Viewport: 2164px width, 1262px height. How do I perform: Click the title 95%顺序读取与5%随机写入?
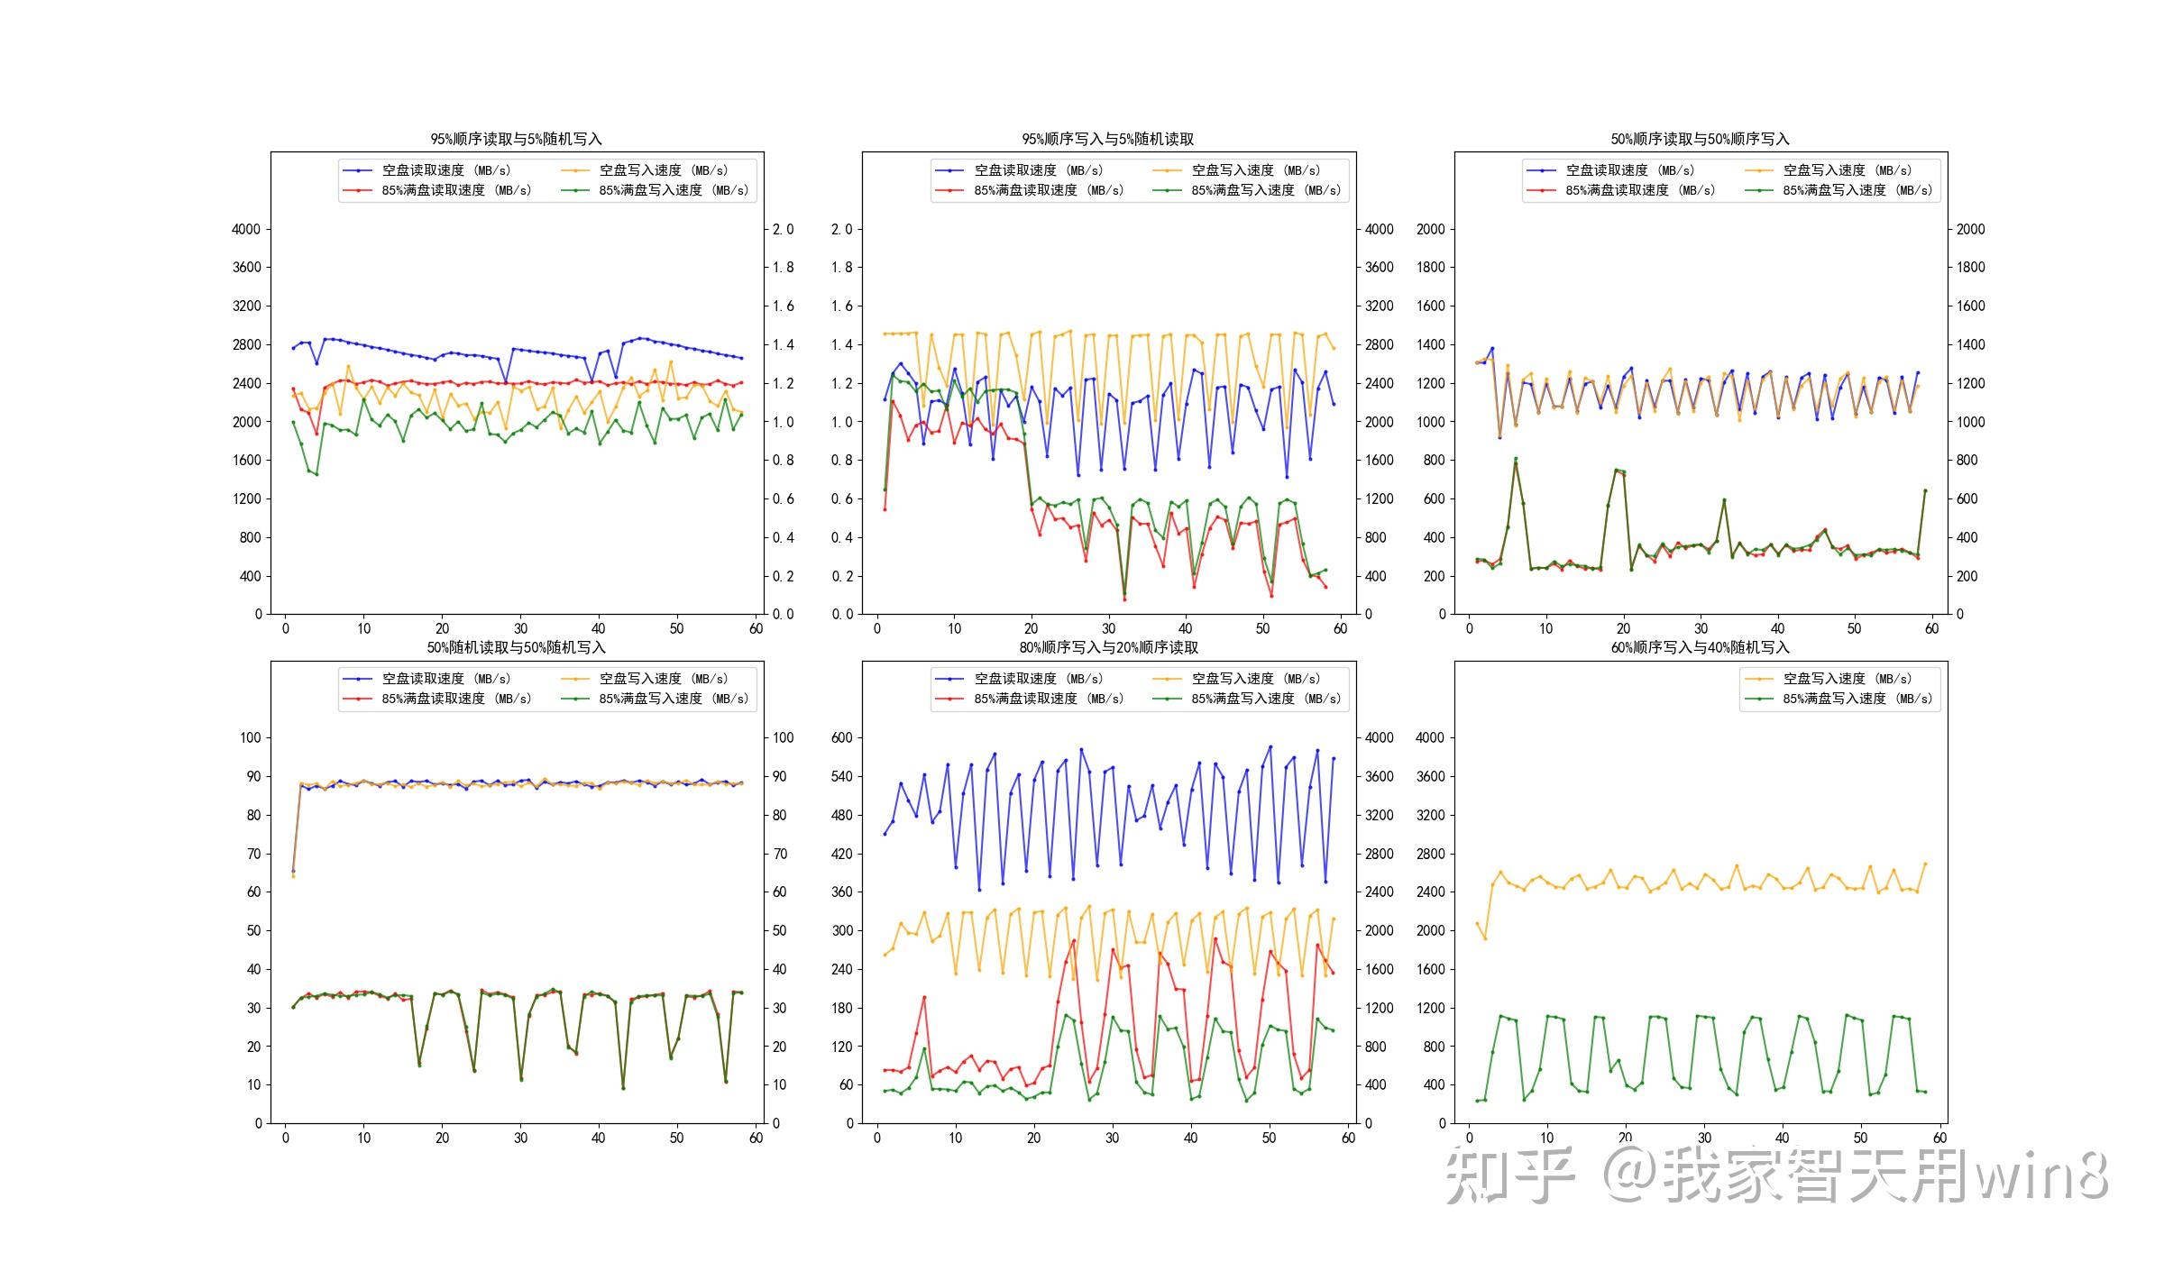[x=516, y=139]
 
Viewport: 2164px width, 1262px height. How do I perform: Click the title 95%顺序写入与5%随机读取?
[x=1107, y=139]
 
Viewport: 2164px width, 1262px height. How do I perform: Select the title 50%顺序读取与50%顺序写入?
[x=1700, y=139]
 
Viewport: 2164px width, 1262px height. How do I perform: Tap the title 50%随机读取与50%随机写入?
[x=516, y=647]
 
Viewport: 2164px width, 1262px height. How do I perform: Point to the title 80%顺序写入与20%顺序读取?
[x=1107, y=647]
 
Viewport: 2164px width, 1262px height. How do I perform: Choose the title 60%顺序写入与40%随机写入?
[x=1700, y=647]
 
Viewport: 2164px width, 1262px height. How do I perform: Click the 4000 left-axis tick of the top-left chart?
[x=245, y=229]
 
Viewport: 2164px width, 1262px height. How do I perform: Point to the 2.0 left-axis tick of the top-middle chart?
[x=841, y=229]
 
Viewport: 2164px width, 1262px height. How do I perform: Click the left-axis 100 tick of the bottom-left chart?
[x=250, y=737]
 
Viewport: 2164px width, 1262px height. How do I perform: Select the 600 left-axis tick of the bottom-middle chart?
[x=841, y=737]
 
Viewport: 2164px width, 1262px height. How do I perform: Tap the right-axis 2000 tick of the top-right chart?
[x=1970, y=229]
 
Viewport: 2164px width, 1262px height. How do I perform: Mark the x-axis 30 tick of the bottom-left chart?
[x=520, y=1138]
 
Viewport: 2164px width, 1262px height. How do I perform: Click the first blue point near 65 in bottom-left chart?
[x=293, y=871]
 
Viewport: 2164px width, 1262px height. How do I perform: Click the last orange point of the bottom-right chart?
[x=1925, y=864]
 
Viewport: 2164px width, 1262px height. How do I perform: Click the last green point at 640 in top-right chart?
[x=1925, y=490]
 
